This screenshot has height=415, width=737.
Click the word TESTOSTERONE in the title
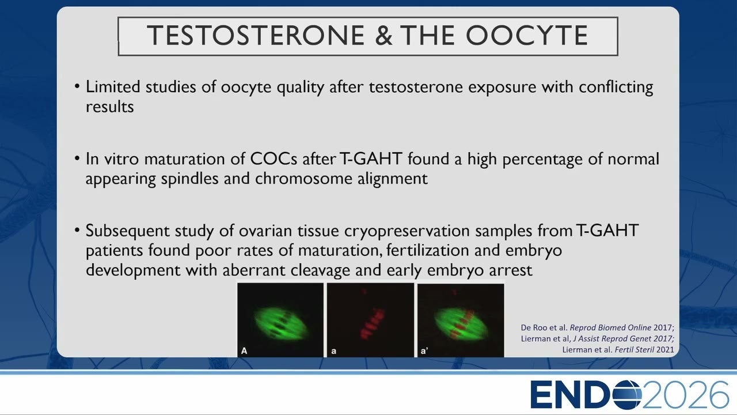(256, 35)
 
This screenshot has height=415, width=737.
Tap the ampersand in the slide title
(383, 35)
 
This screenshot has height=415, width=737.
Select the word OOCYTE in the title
(527, 35)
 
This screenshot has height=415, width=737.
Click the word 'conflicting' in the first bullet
(616, 88)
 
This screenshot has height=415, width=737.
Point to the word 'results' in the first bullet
(109, 107)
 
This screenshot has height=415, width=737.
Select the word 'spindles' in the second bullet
(189, 179)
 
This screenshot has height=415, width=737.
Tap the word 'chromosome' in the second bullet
(303, 179)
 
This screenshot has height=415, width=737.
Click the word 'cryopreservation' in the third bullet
(407, 231)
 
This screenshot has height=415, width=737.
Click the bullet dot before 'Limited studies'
(77, 87)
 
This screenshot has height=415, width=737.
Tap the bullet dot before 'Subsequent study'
(77, 231)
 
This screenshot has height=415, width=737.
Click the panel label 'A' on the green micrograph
(244, 351)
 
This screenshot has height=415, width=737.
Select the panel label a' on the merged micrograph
(424, 351)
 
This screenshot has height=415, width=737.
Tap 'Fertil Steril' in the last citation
(634, 349)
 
